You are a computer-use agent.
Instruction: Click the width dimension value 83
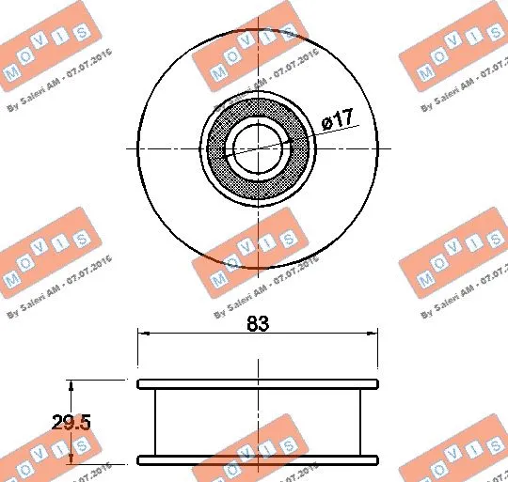(x=258, y=324)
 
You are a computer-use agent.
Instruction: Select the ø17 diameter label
(x=336, y=120)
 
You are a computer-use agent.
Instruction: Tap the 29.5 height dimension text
(x=71, y=423)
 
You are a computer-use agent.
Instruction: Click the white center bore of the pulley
(x=258, y=148)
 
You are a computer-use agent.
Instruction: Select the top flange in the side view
(x=258, y=384)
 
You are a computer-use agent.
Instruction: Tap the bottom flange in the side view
(x=258, y=459)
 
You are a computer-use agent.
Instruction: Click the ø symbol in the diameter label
(x=325, y=121)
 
